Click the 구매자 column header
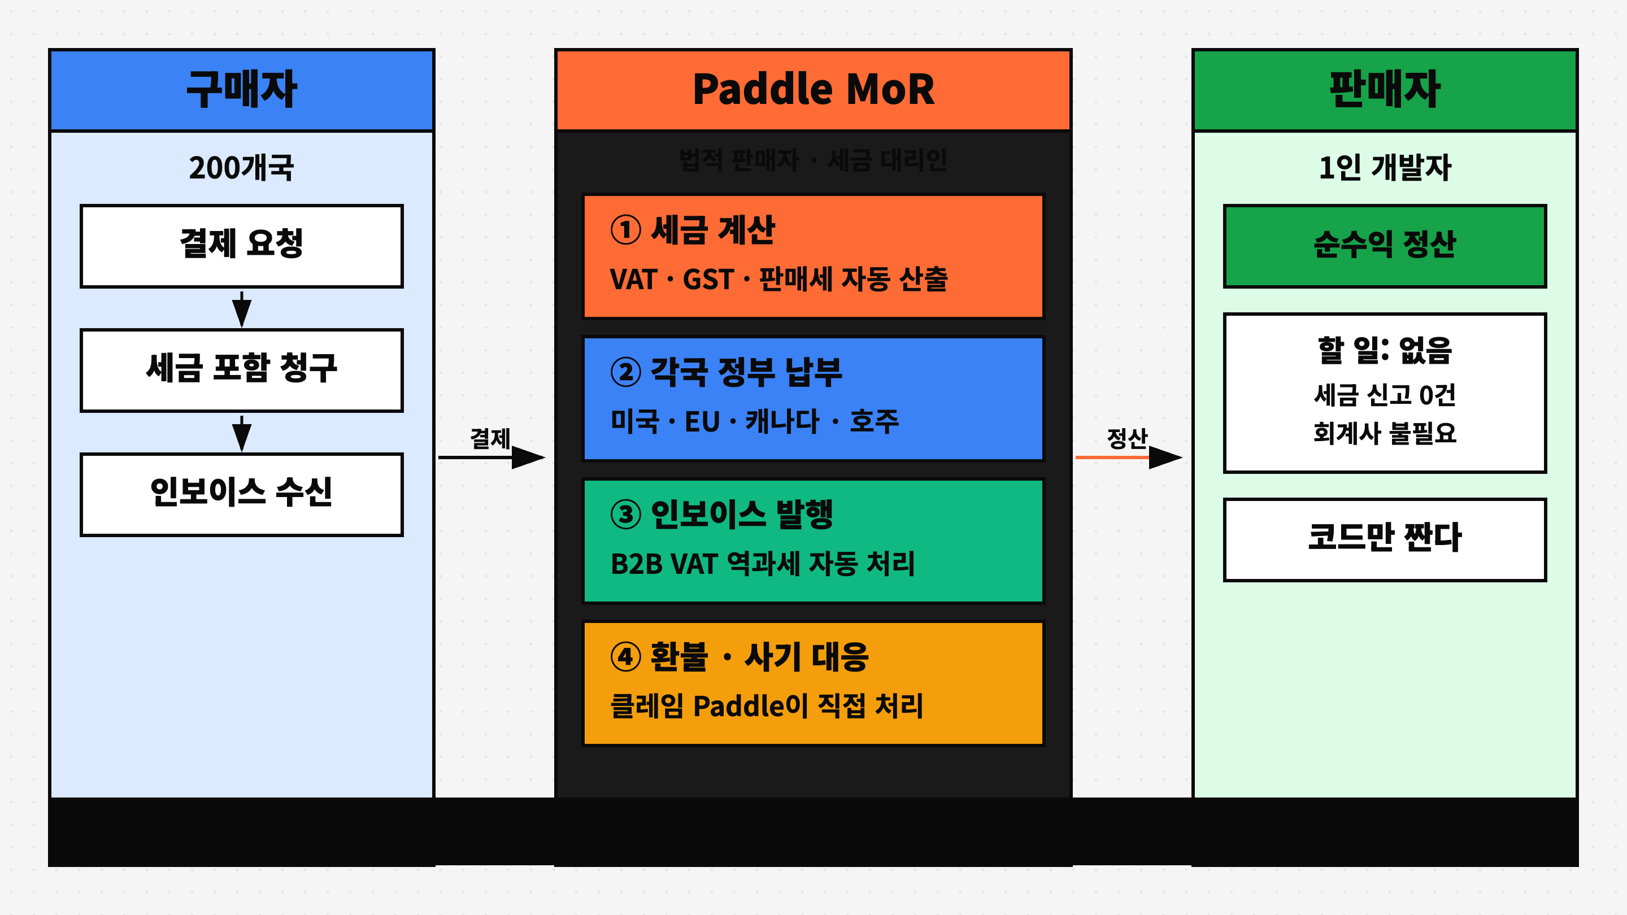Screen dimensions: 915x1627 [x=241, y=90]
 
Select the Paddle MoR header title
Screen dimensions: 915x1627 [x=813, y=90]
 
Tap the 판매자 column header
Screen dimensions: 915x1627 [x=1385, y=90]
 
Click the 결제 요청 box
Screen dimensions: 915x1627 [x=241, y=246]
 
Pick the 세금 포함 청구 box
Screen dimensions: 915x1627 [x=241, y=369]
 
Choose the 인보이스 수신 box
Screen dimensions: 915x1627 [x=241, y=494]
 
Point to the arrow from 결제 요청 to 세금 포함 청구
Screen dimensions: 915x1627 [x=241, y=309]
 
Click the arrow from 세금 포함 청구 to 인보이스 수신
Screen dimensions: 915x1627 [x=241, y=433]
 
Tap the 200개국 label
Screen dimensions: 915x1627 [x=241, y=168]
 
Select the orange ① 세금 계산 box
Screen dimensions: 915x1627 [x=813, y=256]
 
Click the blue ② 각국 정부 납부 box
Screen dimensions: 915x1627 [x=813, y=398]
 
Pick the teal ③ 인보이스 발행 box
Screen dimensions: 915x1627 [x=813, y=541]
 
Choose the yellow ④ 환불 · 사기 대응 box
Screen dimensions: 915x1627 [x=813, y=683]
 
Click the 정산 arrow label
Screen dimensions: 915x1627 [x=1127, y=438]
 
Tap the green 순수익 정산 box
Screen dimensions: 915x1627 [x=1385, y=246]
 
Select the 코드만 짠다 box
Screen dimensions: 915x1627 [x=1385, y=539]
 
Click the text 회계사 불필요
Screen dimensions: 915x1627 [x=1385, y=433]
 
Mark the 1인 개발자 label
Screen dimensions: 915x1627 [x=1385, y=168]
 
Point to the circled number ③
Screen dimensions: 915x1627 [x=625, y=514]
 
